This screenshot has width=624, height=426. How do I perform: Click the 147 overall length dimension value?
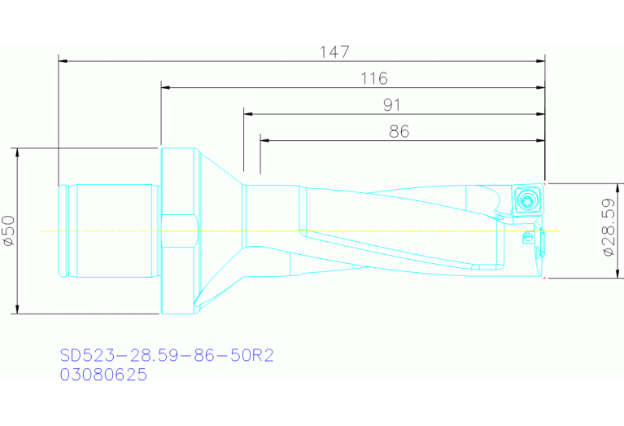click(x=334, y=52)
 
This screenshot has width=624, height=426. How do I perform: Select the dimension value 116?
click(x=373, y=79)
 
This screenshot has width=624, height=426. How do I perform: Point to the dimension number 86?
click(x=399, y=132)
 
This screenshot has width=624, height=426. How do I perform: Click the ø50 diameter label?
click(x=8, y=231)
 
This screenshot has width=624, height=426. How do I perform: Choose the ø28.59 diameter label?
click(x=608, y=230)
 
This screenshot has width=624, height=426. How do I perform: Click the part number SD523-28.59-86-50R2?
click(x=165, y=357)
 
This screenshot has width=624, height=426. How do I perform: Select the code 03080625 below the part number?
click(x=103, y=375)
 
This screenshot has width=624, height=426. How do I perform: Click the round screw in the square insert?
click(x=530, y=200)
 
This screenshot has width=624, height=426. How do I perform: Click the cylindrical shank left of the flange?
click(x=110, y=231)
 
